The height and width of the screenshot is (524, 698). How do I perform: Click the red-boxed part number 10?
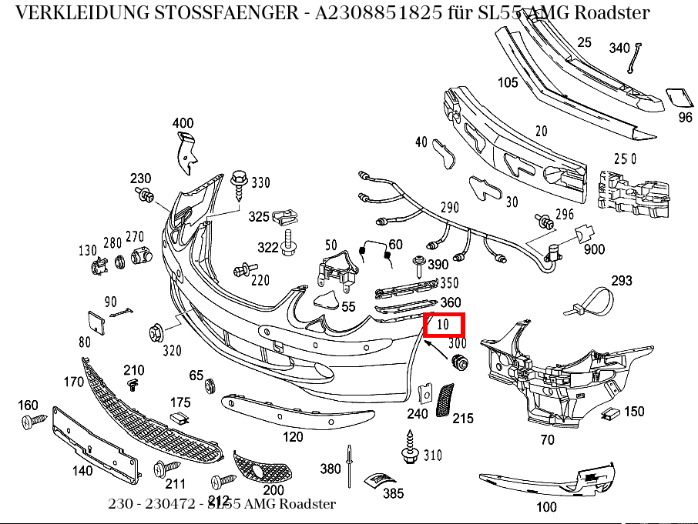tap(445, 325)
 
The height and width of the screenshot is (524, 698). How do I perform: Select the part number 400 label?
tap(183, 123)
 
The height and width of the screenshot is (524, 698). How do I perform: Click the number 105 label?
tap(508, 82)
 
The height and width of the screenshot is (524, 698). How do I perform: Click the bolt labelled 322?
tap(290, 244)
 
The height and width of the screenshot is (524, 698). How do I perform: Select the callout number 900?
tap(594, 249)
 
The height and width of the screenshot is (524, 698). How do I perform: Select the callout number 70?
tap(547, 440)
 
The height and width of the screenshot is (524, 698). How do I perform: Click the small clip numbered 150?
tap(612, 414)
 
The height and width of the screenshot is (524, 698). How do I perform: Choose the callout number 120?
tap(293, 437)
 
